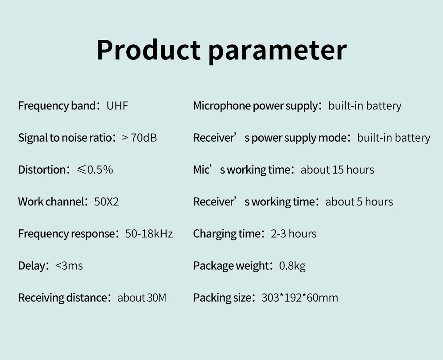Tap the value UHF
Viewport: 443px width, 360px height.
pos(117,106)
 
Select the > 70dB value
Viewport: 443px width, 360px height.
pos(140,138)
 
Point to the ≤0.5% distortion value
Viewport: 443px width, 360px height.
pos(95,170)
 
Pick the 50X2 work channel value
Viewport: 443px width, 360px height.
pos(106,202)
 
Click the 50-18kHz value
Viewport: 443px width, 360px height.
pos(149,234)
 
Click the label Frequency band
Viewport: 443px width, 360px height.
pos(57,106)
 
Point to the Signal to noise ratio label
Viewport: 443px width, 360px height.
pos(65,138)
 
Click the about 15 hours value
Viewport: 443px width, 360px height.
pos(337,170)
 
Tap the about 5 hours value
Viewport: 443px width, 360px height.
pos(359,202)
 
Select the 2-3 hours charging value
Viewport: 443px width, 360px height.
pos(294,234)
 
